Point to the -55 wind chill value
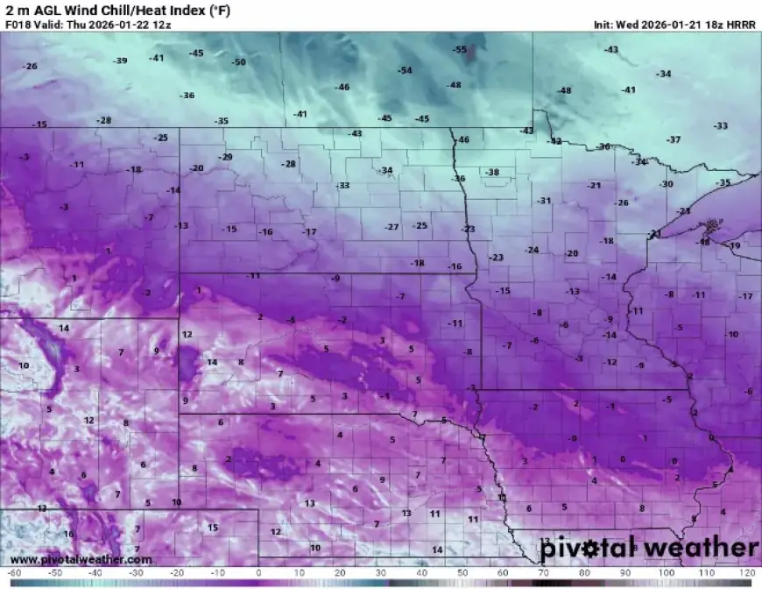(460, 50)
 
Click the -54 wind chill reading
(405, 70)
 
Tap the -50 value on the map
(238, 62)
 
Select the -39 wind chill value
(120, 60)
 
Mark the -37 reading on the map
(674, 140)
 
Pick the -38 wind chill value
(492, 173)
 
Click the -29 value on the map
(226, 157)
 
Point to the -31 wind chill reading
(545, 201)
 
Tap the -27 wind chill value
(392, 227)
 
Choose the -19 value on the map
(734, 246)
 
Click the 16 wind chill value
(68, 534)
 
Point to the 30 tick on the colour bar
(379, 573)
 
